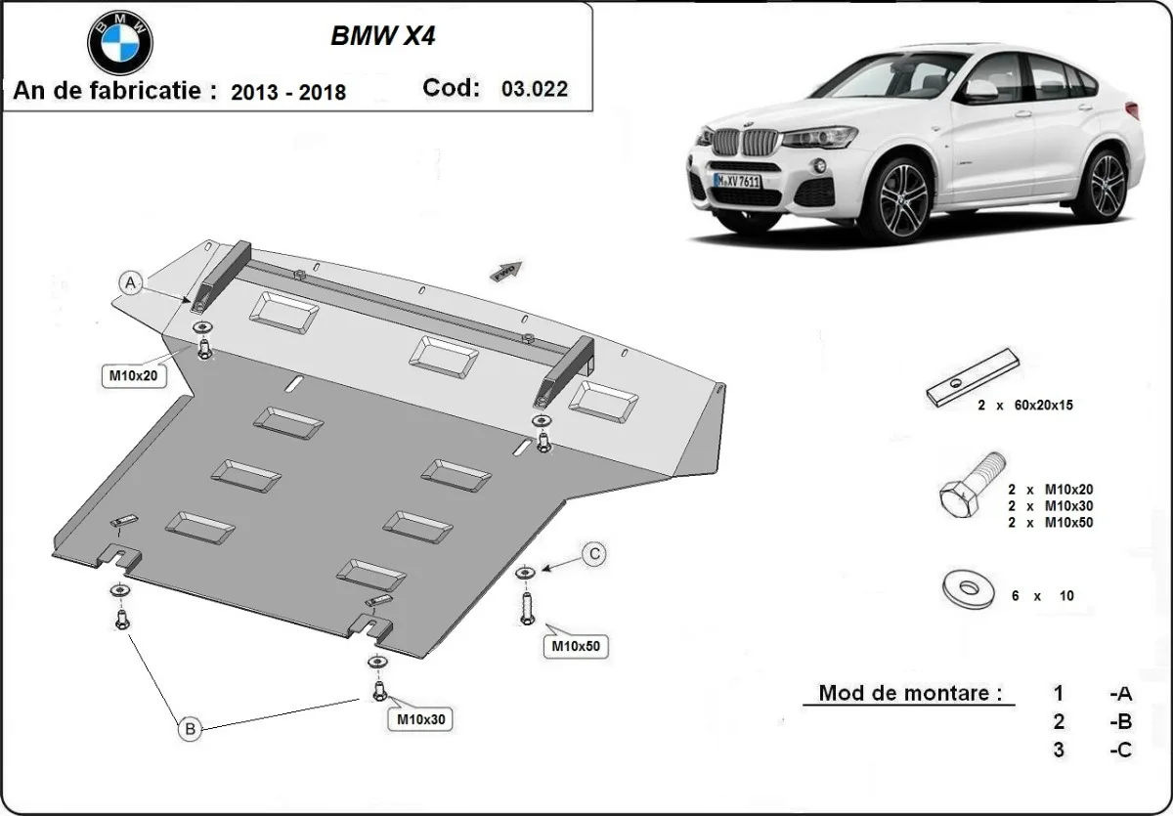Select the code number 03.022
534,89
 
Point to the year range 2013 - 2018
288,93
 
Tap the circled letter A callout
130,283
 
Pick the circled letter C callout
592,555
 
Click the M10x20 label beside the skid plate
132,374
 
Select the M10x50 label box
575,646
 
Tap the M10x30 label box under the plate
421,720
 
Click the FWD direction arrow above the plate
506,271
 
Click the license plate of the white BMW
737,182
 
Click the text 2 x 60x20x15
1024,405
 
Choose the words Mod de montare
910,694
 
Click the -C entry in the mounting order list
1120,750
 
